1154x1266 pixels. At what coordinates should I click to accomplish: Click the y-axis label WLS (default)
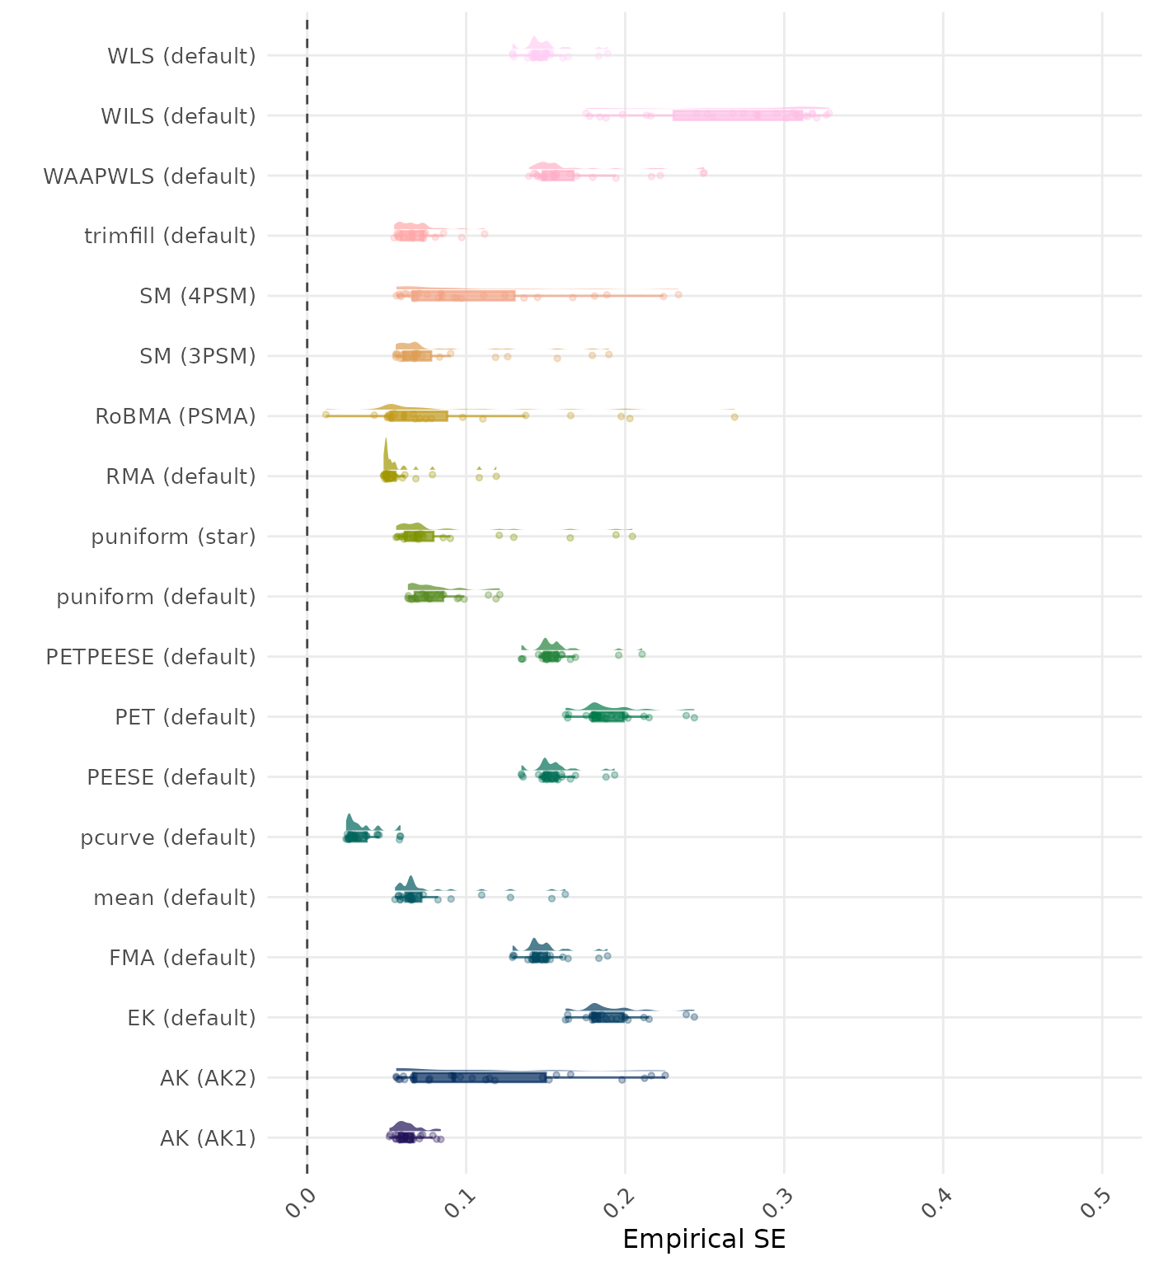181,56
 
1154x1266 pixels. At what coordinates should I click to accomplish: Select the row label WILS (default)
178,116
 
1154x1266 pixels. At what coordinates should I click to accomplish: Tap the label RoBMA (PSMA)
175,416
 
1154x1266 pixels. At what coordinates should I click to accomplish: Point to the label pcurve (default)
168,837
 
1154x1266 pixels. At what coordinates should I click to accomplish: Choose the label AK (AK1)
208,1138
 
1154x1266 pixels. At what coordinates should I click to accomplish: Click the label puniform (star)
173,537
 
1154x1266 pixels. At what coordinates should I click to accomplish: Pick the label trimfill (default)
170,236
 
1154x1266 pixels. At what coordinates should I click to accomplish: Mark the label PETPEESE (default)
151,657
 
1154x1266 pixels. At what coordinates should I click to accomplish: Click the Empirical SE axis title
704,1240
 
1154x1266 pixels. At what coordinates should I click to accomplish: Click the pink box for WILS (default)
738,115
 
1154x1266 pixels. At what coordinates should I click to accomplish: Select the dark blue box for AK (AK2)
479,1077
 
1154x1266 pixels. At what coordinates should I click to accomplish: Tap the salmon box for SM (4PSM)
464,296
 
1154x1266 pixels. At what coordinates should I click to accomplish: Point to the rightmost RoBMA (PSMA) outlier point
734,417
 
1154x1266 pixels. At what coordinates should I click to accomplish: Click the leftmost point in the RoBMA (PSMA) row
326,415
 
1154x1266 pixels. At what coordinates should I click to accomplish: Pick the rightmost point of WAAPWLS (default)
703,172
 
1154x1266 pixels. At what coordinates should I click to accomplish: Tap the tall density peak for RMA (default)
385,453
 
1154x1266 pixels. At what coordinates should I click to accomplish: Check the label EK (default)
191,1018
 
